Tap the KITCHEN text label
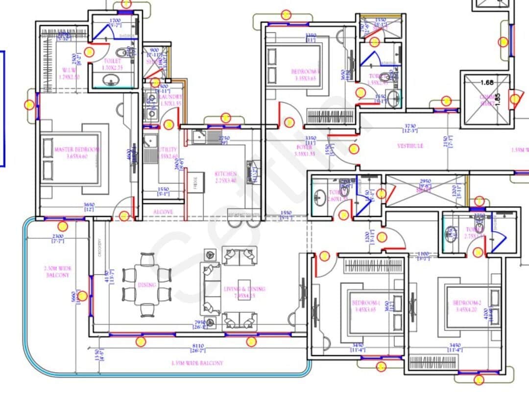coord(225,174)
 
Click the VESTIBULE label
coord(410,146)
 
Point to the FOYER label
coord(304,146)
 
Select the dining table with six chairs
coord(147,284)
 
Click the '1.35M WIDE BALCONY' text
coord(197,363)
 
